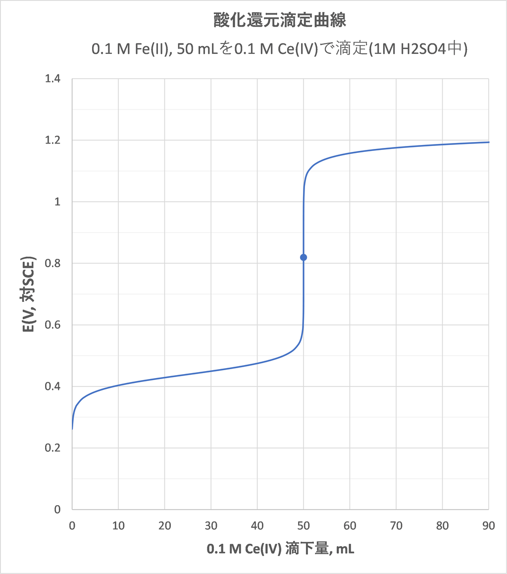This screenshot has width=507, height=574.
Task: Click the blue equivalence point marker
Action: pos(304,257)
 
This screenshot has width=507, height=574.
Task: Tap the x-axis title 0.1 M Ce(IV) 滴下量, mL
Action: pos(280,549)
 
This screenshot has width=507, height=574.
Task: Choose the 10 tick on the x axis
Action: pos(118,526)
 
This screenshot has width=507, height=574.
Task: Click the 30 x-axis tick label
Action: pos(211,526)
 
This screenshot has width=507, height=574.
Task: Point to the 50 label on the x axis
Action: pos(304,526)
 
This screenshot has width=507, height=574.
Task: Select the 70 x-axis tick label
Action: pos(396,526)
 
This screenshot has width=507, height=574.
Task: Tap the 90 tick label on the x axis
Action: pos(489,526)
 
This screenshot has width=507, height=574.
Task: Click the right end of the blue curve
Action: pos(489,142)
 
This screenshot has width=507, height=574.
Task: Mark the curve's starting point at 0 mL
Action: pos(72,429)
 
